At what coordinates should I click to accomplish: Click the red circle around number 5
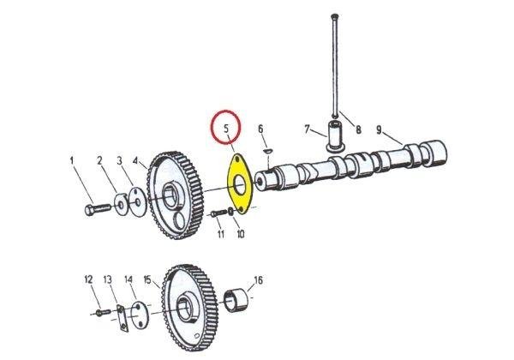point(227,129)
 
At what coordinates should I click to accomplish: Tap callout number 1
point(72,159)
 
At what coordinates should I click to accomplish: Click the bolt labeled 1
point(93,208)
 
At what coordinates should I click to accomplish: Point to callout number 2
point(99,160)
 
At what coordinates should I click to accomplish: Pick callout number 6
point(261,129)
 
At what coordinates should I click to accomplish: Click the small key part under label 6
point(267,153)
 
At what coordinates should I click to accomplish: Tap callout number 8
point(359,130)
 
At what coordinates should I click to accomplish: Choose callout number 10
point(241,234)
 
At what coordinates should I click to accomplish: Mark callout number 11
point(220,234)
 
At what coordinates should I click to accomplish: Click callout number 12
point(87,279)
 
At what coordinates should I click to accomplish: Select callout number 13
point(108,279)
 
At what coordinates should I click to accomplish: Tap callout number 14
point(128,279)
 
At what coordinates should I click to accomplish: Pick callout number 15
point(147,279)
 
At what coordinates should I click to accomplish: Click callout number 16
point(258,279)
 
